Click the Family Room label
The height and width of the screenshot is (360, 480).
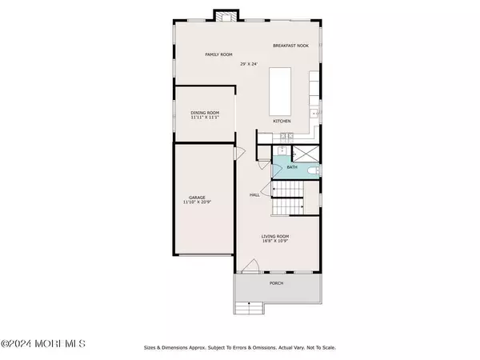218,54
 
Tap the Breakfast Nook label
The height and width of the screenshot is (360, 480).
291,46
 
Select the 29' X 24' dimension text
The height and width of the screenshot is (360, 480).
249,64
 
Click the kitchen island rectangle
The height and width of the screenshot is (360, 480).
280,91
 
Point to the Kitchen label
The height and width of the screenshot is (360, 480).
282,122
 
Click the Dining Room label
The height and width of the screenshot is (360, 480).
205,113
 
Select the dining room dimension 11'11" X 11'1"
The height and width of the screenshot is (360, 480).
205,117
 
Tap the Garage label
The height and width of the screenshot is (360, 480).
197,198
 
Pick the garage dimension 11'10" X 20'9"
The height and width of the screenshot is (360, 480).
197,202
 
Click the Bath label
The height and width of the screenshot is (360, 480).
292,167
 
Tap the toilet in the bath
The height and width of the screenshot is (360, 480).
313,170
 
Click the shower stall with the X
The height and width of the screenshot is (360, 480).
306,154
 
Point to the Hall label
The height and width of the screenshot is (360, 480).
254,194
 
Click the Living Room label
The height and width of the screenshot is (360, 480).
275,236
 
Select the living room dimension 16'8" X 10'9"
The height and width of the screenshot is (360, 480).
275,241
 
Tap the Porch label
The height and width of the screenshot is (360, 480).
277,283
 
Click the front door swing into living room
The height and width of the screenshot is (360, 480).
250,266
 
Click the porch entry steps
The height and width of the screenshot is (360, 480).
249,308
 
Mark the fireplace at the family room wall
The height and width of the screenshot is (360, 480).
226,16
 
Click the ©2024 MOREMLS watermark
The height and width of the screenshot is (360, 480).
43,344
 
